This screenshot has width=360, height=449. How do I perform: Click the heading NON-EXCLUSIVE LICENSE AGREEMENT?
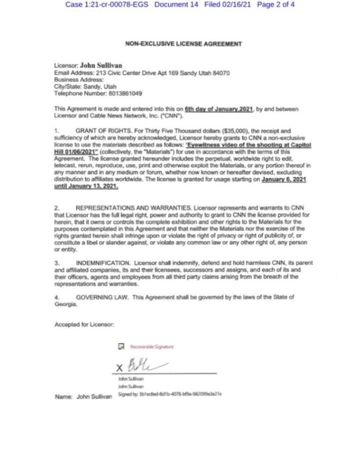[183, 44]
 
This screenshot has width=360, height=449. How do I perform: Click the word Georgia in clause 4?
[65, 303]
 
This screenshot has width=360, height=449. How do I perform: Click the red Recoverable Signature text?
[152, 346]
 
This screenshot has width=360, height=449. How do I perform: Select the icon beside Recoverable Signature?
[121, 346]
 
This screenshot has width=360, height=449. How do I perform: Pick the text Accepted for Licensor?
[84, 324]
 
